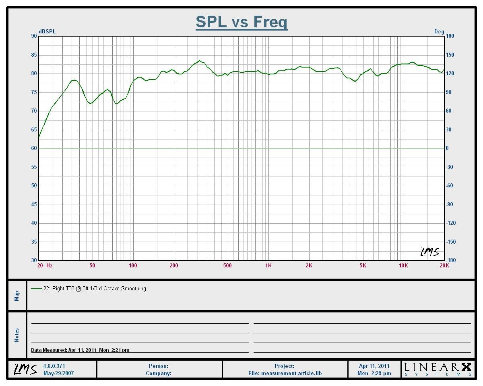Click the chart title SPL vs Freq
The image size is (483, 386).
(x=242, y=22)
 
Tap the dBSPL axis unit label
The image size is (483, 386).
(x=47, y=32)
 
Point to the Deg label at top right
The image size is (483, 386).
(x=439, y=32)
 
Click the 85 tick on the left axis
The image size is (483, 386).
(x=33, y=55)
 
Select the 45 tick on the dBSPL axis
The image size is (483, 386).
(x=33, y=204)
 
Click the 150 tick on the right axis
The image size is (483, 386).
(x=450, y=55)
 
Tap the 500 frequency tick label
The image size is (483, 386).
(x=227, y=265)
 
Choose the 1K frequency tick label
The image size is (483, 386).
(x=268, y=265)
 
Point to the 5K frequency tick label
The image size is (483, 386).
(x=363, y=265)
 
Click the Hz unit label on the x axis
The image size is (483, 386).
(x=49, y=265)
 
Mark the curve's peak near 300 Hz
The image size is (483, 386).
(x=199, y=61)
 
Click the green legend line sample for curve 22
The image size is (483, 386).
(x=36, y=289)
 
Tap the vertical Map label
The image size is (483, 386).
(x=17, y=296)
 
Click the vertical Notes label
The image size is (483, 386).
(x=17, y=335)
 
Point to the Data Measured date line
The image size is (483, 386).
(x=80, y=350)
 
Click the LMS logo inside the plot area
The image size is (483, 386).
(x=429, y=252)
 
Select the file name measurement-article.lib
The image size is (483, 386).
(x=291, y=373)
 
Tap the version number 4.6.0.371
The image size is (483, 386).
(x=54, y=366)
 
